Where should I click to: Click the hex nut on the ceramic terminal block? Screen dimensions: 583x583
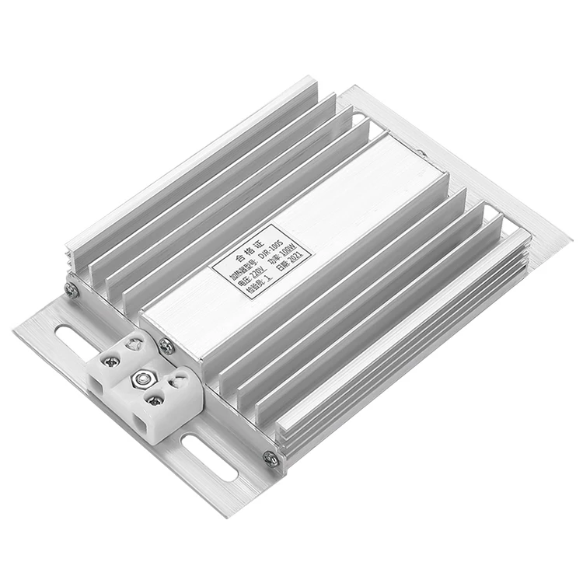[x=143, y=379]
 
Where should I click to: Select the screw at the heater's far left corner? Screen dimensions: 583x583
[x=72, y=289]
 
